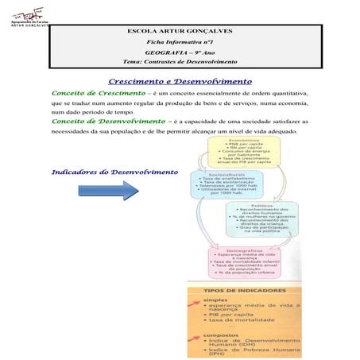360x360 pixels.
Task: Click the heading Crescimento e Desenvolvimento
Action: (x=180, y=81)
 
